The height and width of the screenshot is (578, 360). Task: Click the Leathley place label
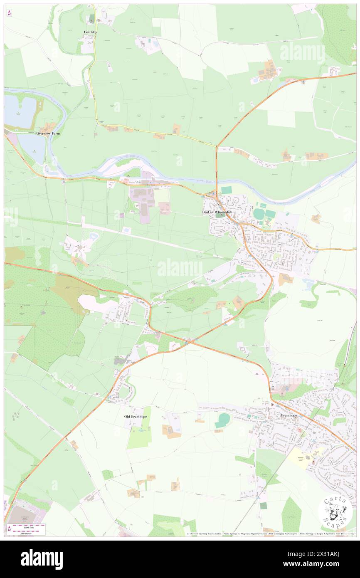90,32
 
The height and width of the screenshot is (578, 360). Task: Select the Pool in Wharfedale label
220,212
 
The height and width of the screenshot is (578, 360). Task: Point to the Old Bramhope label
136,416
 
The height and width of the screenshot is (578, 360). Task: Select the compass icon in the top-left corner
9,13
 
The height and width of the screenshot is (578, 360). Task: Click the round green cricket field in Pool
259,214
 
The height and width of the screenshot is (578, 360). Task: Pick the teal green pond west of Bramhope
223,420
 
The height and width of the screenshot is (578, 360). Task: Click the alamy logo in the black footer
42,559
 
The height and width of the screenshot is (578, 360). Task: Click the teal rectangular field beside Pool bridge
226,190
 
